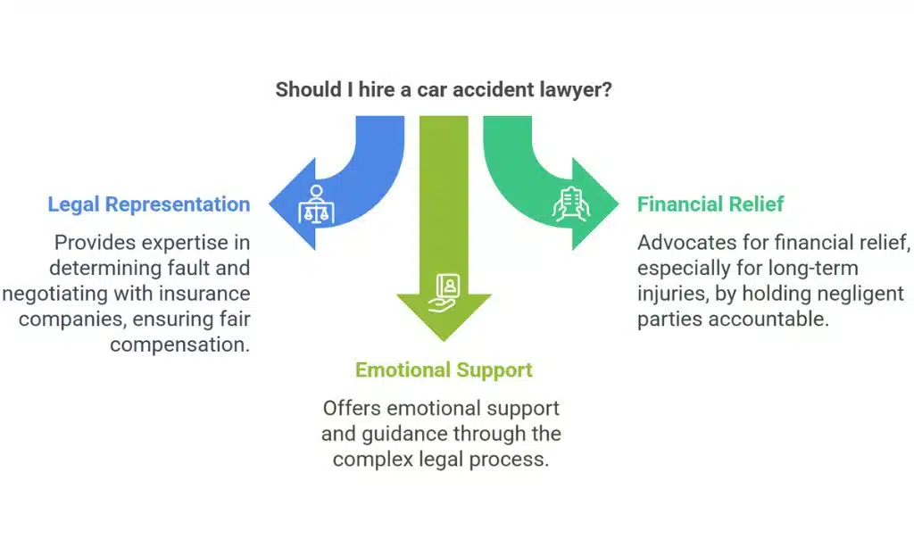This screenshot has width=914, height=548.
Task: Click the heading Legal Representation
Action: coord(148,204)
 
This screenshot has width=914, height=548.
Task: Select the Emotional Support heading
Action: coord(444,369)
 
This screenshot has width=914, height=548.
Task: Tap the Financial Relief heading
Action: coord(710,204)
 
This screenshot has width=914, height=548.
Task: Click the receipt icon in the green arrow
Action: coord(571,204)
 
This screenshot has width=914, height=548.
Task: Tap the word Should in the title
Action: coord(303,90)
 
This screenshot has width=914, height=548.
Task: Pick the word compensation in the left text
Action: coord(180,345)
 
